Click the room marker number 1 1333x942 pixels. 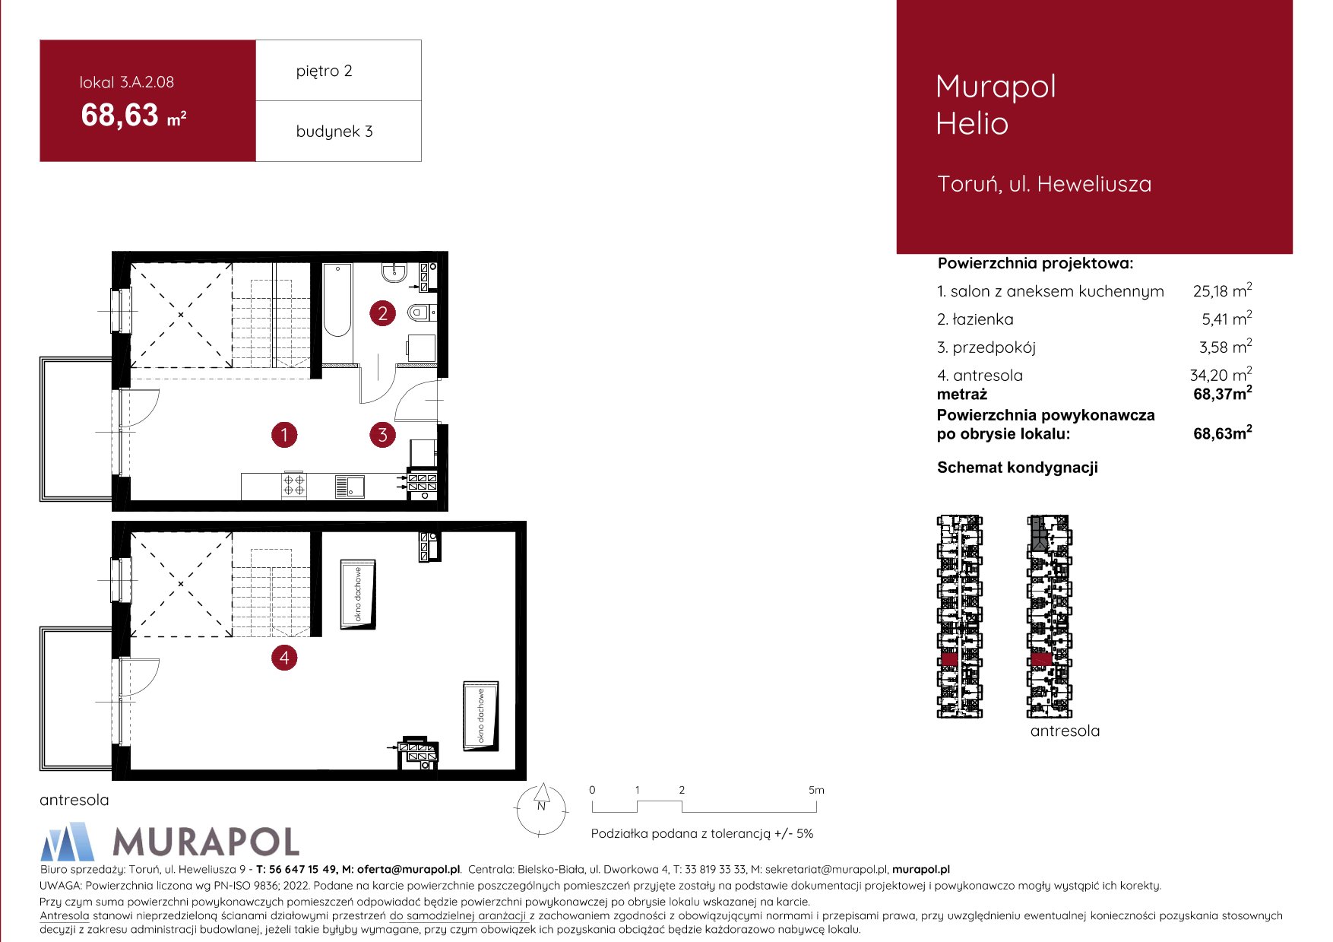(284, 435)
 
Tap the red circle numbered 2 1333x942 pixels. (382, 313)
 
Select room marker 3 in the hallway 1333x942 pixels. (382, 435)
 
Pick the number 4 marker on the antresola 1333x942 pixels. (284, 658)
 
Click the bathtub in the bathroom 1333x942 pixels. (337, 300)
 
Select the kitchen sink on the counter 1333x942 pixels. (350, 486)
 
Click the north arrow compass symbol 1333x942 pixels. (541, 809)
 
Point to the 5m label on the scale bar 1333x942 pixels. (816, 790)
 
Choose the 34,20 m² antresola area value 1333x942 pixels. (1221, 374)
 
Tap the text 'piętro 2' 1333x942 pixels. (324, 71)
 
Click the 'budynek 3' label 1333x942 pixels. (334, 131)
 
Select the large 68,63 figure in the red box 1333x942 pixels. (120, 116)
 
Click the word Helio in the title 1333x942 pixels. (972, 123)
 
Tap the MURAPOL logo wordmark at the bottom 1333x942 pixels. (205, 842)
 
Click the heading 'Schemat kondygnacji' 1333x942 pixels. (1018, 468)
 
